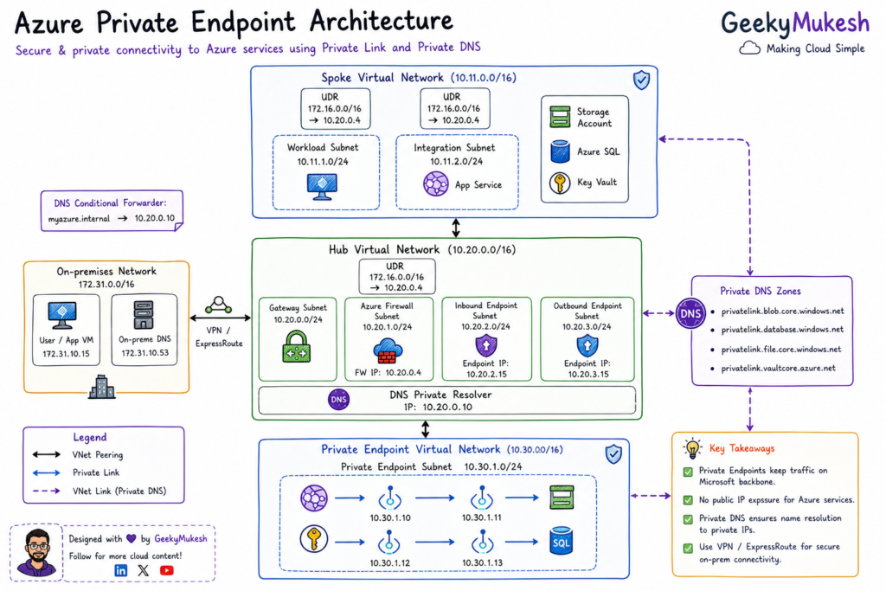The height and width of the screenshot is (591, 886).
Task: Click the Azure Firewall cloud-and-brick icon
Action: tap(388, 350)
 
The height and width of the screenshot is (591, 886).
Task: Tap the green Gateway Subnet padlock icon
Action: tap(297, 346)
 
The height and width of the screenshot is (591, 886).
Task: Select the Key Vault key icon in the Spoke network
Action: tap(560, 183)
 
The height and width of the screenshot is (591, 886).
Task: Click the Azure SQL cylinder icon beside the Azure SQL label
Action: tap(560, 151)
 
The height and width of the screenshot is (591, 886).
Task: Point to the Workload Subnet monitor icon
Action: tap(322, 186)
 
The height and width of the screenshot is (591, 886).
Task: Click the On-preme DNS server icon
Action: tap(144, 315)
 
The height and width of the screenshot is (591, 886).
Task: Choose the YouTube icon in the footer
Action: tap(167, 570)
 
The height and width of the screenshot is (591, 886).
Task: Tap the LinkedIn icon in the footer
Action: tap(121, 570)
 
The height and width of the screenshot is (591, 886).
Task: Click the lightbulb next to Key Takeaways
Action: tap(692, 447)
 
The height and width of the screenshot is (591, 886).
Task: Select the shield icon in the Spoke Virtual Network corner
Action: tap(641, 80)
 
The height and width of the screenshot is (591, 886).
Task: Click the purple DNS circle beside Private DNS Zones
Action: tap(690, 313)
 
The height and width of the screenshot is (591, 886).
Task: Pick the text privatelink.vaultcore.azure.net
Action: tap(778, 369)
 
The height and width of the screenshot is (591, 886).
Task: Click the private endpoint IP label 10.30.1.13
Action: tap(482, 562)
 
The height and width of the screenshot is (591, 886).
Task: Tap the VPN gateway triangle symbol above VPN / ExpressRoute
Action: tap(219, 305)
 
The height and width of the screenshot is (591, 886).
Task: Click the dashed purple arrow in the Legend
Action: tap(47, 491)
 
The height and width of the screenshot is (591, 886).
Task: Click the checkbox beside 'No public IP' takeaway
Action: tap(688, 500)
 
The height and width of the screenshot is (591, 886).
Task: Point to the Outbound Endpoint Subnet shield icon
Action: tap(587, 345)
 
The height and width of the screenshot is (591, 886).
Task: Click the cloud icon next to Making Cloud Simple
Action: tap(750, 48)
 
